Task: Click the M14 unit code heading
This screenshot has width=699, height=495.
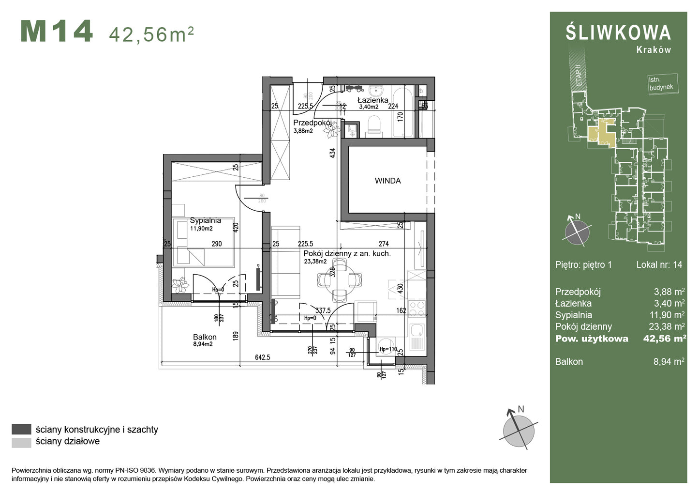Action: (57, 32)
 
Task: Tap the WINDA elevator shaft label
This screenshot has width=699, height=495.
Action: (387, 181)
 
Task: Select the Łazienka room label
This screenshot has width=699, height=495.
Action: (372, 100)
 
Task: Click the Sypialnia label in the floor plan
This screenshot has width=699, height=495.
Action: (205, 220)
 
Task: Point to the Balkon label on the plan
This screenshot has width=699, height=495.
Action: (205, 337)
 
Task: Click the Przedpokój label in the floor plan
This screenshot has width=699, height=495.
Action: (312, 123)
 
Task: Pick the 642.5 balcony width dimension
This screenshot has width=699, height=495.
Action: (262, 357)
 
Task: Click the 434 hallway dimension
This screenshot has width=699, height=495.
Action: (332, 153)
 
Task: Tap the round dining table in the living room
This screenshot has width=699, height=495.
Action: (340, 279)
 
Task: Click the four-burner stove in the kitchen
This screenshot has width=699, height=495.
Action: (417, 308)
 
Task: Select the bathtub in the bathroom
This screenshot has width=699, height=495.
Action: (403, 112)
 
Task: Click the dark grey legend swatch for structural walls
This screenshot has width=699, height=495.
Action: (21, 429)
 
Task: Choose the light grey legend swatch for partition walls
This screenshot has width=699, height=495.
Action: (21, 442)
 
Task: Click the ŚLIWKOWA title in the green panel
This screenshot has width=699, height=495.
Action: (618, 32)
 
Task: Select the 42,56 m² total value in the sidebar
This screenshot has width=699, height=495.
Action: (664, 339)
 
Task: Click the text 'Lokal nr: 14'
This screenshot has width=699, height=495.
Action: (659, 264)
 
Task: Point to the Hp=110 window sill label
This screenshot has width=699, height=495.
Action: (388, 349)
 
